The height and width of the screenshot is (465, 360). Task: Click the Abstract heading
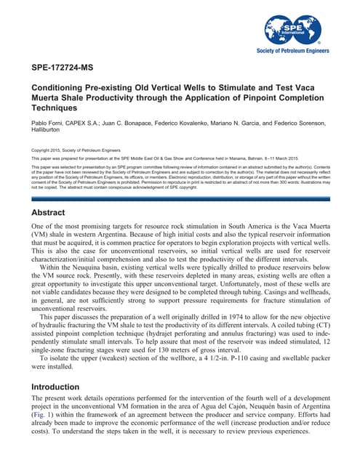49,213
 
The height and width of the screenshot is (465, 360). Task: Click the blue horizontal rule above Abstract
180,198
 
